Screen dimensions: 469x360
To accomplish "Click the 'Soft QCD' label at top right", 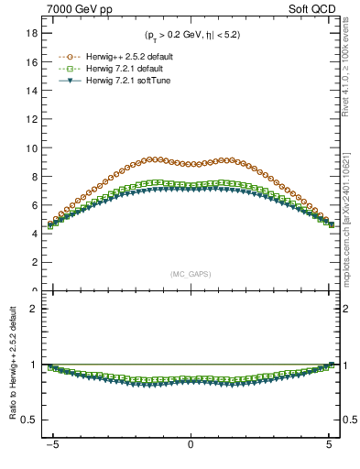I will point(316,8).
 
